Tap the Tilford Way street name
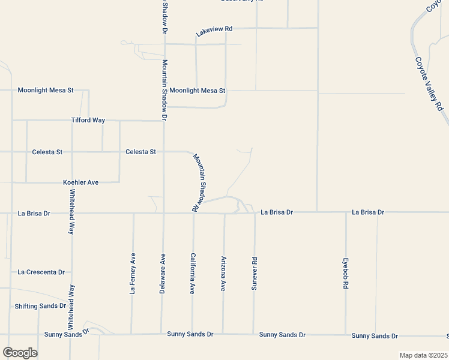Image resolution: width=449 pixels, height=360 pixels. click(x=88, y=120)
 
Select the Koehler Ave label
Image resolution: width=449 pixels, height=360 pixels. click(x=80, y=182)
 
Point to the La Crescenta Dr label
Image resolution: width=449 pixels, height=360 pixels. click(x=41, y=272)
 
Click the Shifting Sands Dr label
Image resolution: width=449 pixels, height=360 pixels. click(x=40, y=306)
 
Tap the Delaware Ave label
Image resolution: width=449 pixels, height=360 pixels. click(x=162, y=273)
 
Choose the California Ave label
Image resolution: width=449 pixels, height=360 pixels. click(x=193, y=273)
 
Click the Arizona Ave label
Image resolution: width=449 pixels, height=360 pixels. click(x=223, y=273)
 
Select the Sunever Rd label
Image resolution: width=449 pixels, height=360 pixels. click(x=254, y=274)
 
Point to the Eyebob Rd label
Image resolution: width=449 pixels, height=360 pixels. click(x=346, y=275)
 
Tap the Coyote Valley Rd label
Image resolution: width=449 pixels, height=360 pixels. click(x=429, y=83)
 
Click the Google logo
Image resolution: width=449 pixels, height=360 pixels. click(x=20, y=353)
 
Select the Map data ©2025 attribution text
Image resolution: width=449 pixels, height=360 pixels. click(x=423, y=355)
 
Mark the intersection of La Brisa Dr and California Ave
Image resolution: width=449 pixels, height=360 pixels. click(x=193, y=213)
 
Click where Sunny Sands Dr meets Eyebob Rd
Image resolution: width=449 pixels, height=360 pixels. click(x=346, y=334)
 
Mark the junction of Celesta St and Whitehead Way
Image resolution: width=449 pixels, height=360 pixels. click(x=72, y=152)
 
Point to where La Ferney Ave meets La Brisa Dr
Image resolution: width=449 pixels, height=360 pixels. click(x=133, y=213)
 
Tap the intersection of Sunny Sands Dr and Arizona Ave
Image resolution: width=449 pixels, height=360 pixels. click(x=223, y=334)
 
